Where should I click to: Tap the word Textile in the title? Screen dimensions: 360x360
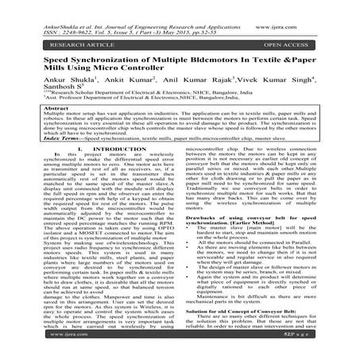(x=282, y=53)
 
